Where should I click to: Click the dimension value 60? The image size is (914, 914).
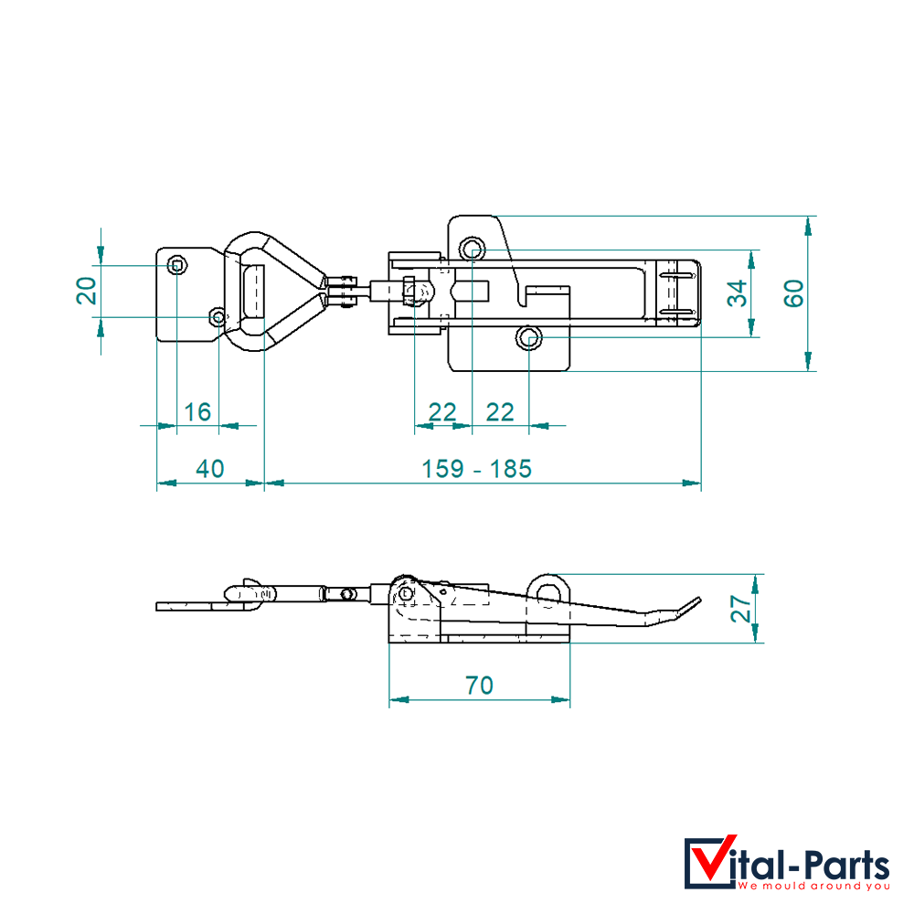point(793,293)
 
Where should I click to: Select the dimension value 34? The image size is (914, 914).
point(738,293)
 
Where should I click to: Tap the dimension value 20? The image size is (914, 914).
point(86,291)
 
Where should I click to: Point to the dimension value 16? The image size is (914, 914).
point(197,412)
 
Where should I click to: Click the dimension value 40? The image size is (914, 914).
point(210,469)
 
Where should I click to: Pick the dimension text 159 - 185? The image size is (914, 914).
point(476,469)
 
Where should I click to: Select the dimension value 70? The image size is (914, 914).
point(479,685)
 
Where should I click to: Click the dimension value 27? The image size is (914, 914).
point(741,609)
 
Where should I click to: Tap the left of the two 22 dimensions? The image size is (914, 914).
point(441,412)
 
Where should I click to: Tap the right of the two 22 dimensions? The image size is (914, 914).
point(500,412)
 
